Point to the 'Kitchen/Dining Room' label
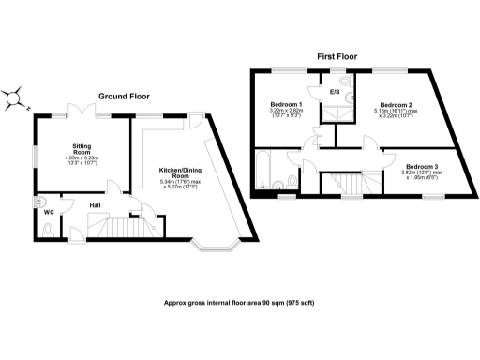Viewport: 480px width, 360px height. point(174,172)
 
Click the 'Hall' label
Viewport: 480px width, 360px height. point(96,205)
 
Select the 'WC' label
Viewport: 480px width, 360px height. point(48,212)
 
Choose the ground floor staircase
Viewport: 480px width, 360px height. point(111,226)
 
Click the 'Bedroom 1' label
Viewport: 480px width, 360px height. point(285,104)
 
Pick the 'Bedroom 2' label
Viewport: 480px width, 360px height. point(397,104)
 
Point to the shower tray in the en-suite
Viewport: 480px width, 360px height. point(333,112)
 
